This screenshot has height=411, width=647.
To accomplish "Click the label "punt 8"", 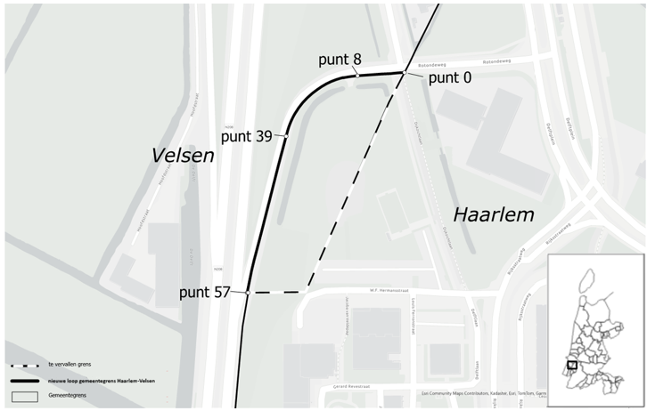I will click(340, 60).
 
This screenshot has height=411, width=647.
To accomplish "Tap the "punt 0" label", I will click(451, 78).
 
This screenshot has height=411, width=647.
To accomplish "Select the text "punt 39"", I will click(249, 137).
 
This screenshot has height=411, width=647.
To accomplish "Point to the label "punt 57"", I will click(208, 293).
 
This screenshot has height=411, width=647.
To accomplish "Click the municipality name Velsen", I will click(184, 156).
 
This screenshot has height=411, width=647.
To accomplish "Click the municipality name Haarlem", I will click(493, 215).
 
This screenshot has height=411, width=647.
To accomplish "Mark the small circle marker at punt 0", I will click(405, 72).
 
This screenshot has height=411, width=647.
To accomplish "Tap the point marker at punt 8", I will click(356, 76).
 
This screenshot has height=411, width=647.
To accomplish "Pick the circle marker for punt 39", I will click(286, 135).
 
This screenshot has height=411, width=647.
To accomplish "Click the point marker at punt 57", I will click(248, 292).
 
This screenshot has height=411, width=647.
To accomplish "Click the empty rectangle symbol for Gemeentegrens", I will click(25, 396).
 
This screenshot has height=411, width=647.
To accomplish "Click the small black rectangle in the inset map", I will click(572, 364).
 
